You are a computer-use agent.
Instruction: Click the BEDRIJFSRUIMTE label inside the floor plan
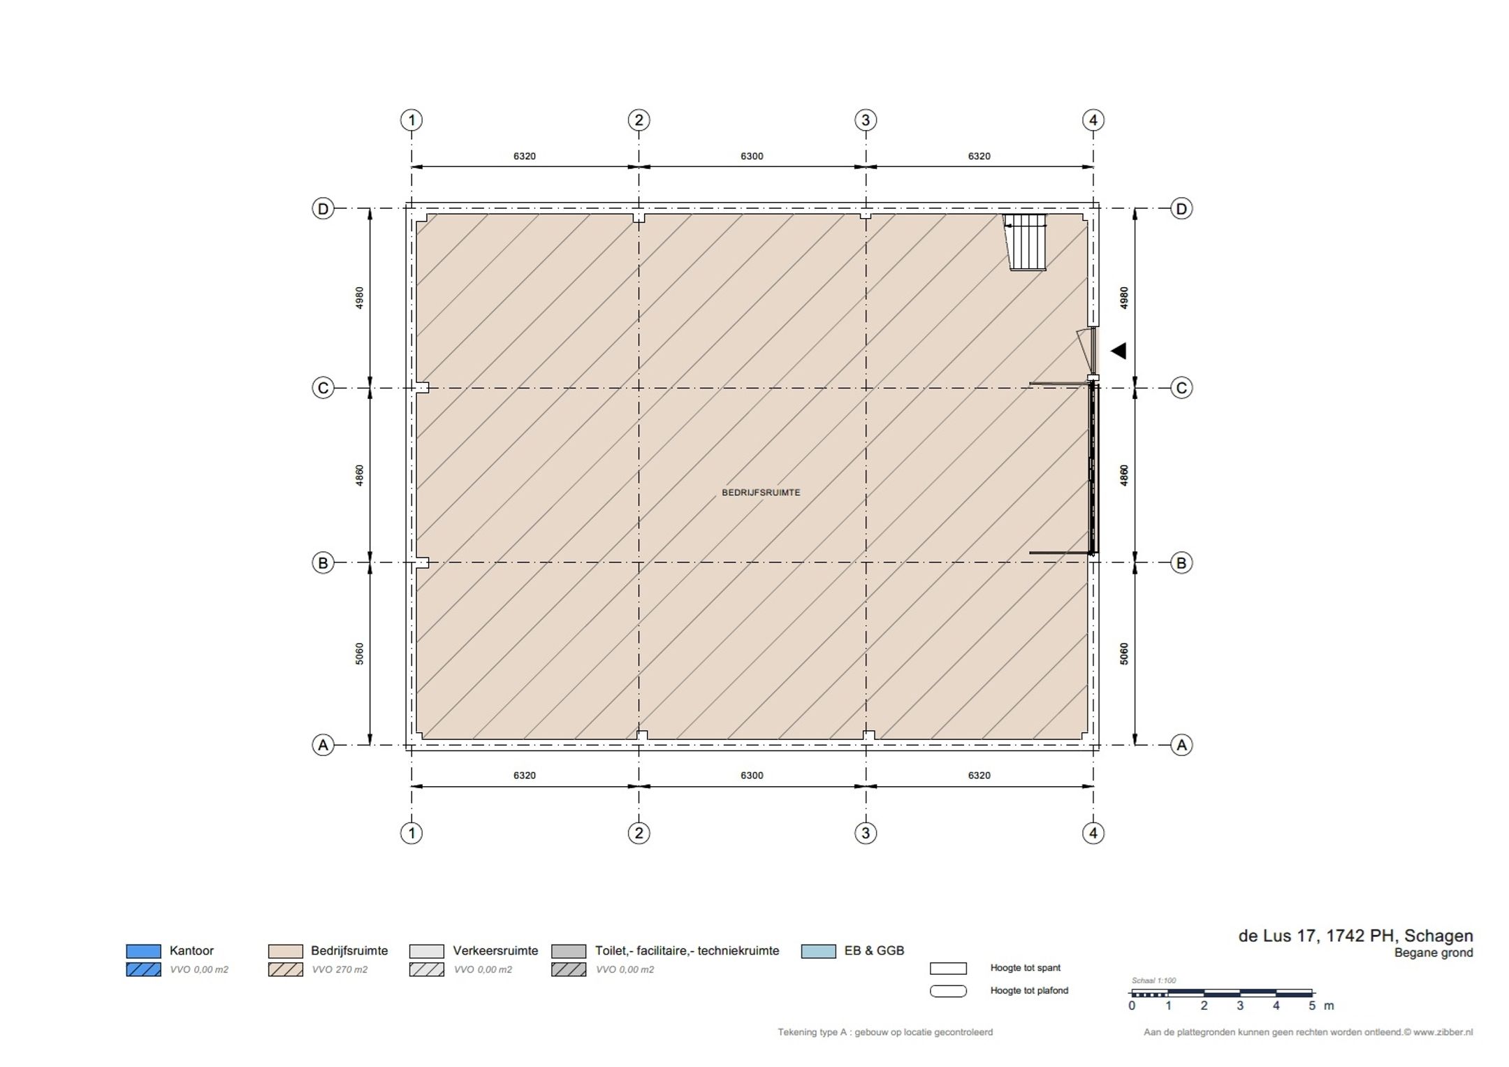click(x=761, y=493)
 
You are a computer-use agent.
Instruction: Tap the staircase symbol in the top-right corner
click(x=1026, y=242)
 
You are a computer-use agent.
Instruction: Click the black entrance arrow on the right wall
click(x=1118, y=351)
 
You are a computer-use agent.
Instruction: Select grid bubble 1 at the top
click(x=411, y=120)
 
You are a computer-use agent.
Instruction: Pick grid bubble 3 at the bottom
click(x=866, y=833)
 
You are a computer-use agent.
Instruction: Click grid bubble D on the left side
click(x=323, y=208)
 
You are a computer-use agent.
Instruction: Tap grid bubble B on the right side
click(x=1181, y=562)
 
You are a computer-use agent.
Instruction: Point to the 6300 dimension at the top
click(x=752, y=157)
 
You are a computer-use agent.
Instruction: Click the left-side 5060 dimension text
click(x=360, y=653)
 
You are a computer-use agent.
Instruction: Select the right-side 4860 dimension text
click(x=1124, y=475)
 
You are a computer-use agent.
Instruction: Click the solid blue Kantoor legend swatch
click(x=143, y=951)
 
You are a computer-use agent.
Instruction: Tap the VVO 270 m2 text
click(x=340, y=970)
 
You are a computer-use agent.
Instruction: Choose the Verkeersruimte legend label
click(x=495, y=951)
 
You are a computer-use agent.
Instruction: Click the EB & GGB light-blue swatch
click(x=819, y=951)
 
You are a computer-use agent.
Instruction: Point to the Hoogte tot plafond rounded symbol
click(x=948, y=991)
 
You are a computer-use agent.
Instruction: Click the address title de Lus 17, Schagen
click(x=1355, y=936)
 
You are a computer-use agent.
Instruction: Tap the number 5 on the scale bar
click(x=1312, y=1006)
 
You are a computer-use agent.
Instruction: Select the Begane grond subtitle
click(x=1434, y=953)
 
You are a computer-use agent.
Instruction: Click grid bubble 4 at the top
click(x=1093, y=120)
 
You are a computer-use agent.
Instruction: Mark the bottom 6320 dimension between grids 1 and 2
click(x=525, y=776)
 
